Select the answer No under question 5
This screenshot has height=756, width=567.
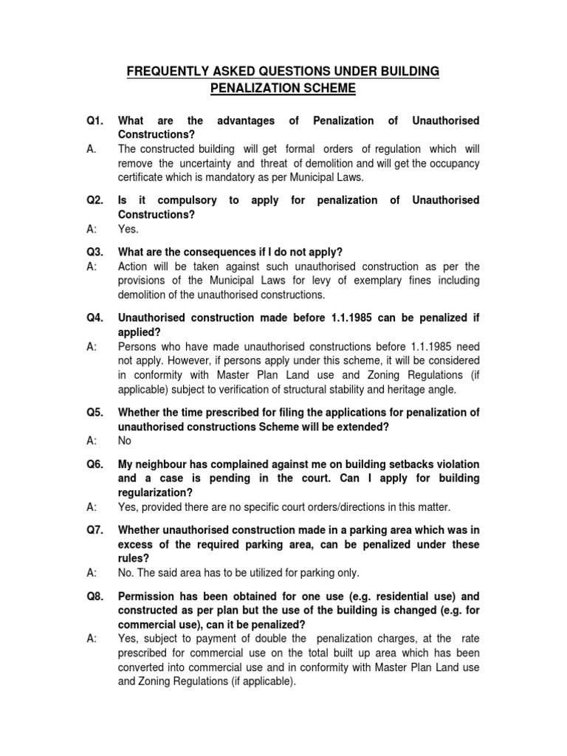(125, 440)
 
